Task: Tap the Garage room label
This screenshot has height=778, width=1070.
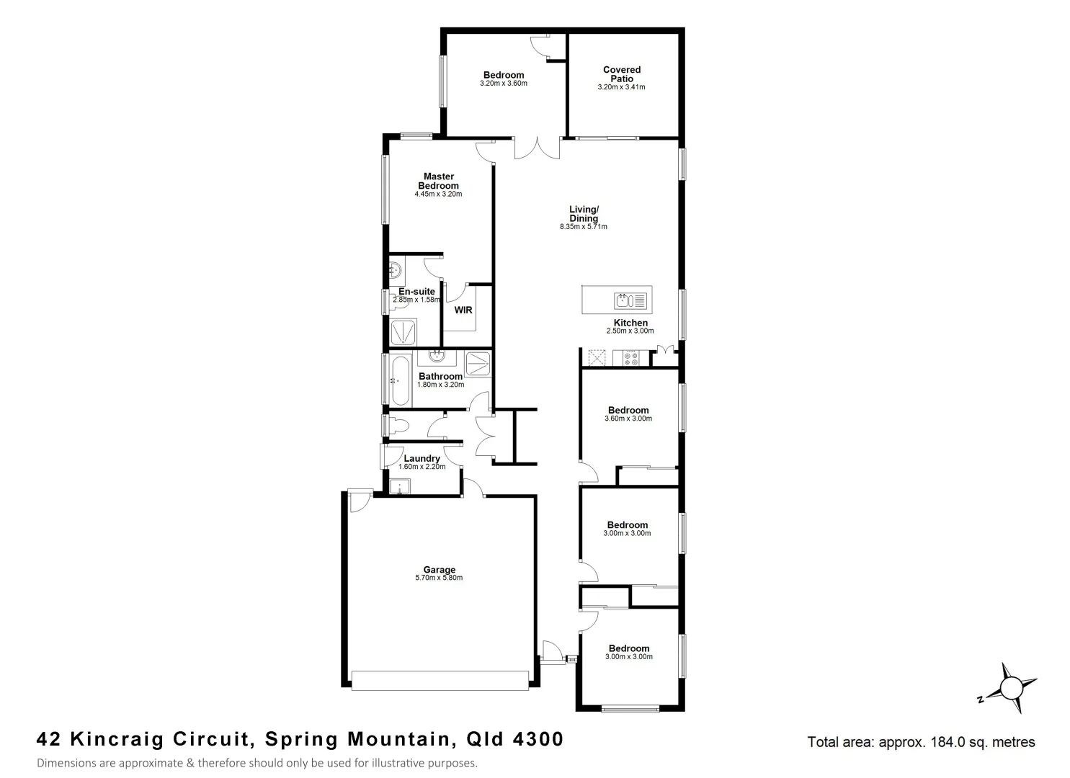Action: pyautogui.click(x=439, y=570)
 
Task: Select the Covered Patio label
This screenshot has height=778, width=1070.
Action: pyautogui.click(x=621, y=74)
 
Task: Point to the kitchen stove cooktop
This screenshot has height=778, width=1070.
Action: pyautogui.click(x=630, y=358)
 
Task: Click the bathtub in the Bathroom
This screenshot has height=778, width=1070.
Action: pyautogui.click(x=398, y=380)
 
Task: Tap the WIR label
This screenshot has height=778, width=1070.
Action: pyautogui.click(x=463, y=310)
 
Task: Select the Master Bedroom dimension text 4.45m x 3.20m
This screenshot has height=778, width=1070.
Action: pyautogui.click(x=438, y=194)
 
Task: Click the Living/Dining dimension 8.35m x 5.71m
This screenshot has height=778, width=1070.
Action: pyautogui.click(x=583, y=227)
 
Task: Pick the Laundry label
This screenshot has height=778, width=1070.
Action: pyautogui.click(x=422, y=458)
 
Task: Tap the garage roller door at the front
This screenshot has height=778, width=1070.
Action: pyautogui.click(x=440, y=681)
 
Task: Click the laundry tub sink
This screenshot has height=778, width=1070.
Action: pyautogui.click(x=399, y=487)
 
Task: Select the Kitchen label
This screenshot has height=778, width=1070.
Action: pyautogui.click(x=630, y=323)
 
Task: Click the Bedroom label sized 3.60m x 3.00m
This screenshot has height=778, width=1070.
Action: pyautogui.click(x=628, y=410)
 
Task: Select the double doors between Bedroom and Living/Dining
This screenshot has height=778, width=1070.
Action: pyautogui.click(x=536, y=148)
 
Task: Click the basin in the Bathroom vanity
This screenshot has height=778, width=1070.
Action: pyautogui.click(x=436, y=357)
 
